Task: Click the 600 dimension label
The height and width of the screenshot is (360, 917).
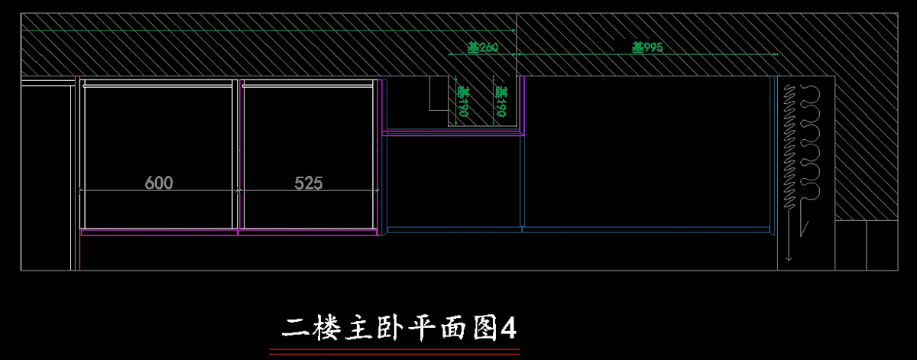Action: coord(159,183)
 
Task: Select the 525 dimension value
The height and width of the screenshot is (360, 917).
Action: coord(309,183)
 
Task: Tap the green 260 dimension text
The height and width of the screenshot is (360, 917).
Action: coord(483,47)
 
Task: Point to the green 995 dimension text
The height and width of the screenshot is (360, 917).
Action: coord(646,47)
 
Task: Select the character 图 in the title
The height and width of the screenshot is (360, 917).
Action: coord(481,329)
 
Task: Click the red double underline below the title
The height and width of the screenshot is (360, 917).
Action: coord(394,351)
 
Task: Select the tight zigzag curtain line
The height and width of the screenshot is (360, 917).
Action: coord(788,145)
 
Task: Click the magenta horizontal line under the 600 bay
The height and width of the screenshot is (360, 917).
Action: coord(157,229)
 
